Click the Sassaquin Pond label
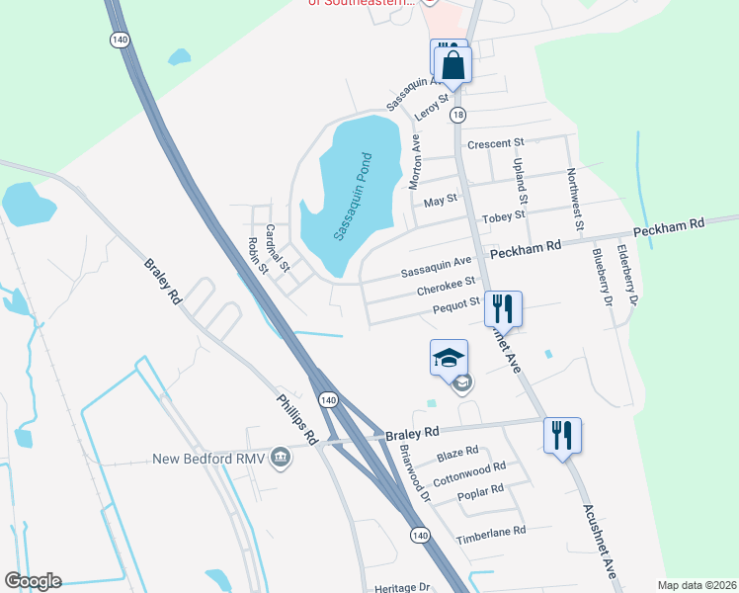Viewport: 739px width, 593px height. [x=351, y=198]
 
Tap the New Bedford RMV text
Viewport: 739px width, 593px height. [x=209, y=459]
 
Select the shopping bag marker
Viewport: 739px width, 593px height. [x=453, y=65]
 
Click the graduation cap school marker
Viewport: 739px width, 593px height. [x=448, y=357]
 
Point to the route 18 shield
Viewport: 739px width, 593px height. [x=457, y=116]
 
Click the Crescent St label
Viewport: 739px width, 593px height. [x=495, y=144]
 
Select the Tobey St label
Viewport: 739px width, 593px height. [x=504, y=215]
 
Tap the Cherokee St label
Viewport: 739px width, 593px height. [x=447, y=285]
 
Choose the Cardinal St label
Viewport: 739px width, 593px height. [x=278, y=248]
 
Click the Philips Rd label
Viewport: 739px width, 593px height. [x=296, y=420]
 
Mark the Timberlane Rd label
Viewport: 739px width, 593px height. [x=491, y=533]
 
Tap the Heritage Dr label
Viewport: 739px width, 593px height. [x=402, y=588]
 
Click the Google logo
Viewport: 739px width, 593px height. [x=33, y=581]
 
